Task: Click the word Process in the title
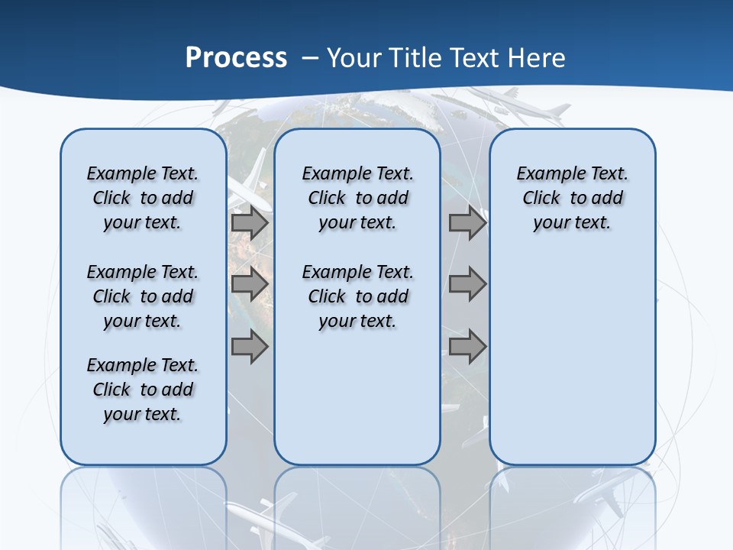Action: coord(236,58)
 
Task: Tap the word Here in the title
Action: coord(535,58)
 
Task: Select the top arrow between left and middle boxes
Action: coord(250,223)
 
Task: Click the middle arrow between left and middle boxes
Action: coord(250,285)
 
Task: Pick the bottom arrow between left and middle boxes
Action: coord(250,348)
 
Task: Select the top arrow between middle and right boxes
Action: coord(467,223)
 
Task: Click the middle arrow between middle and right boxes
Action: coord(467,285)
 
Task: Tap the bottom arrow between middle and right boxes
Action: coord(467,348)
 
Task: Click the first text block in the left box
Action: coord(143,198)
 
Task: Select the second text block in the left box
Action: coord(143,296)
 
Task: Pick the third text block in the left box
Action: coord(143,390)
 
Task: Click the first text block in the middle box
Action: coord(357,198)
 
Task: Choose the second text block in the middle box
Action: coord(357,296)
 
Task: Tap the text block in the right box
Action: coord(572,198)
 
